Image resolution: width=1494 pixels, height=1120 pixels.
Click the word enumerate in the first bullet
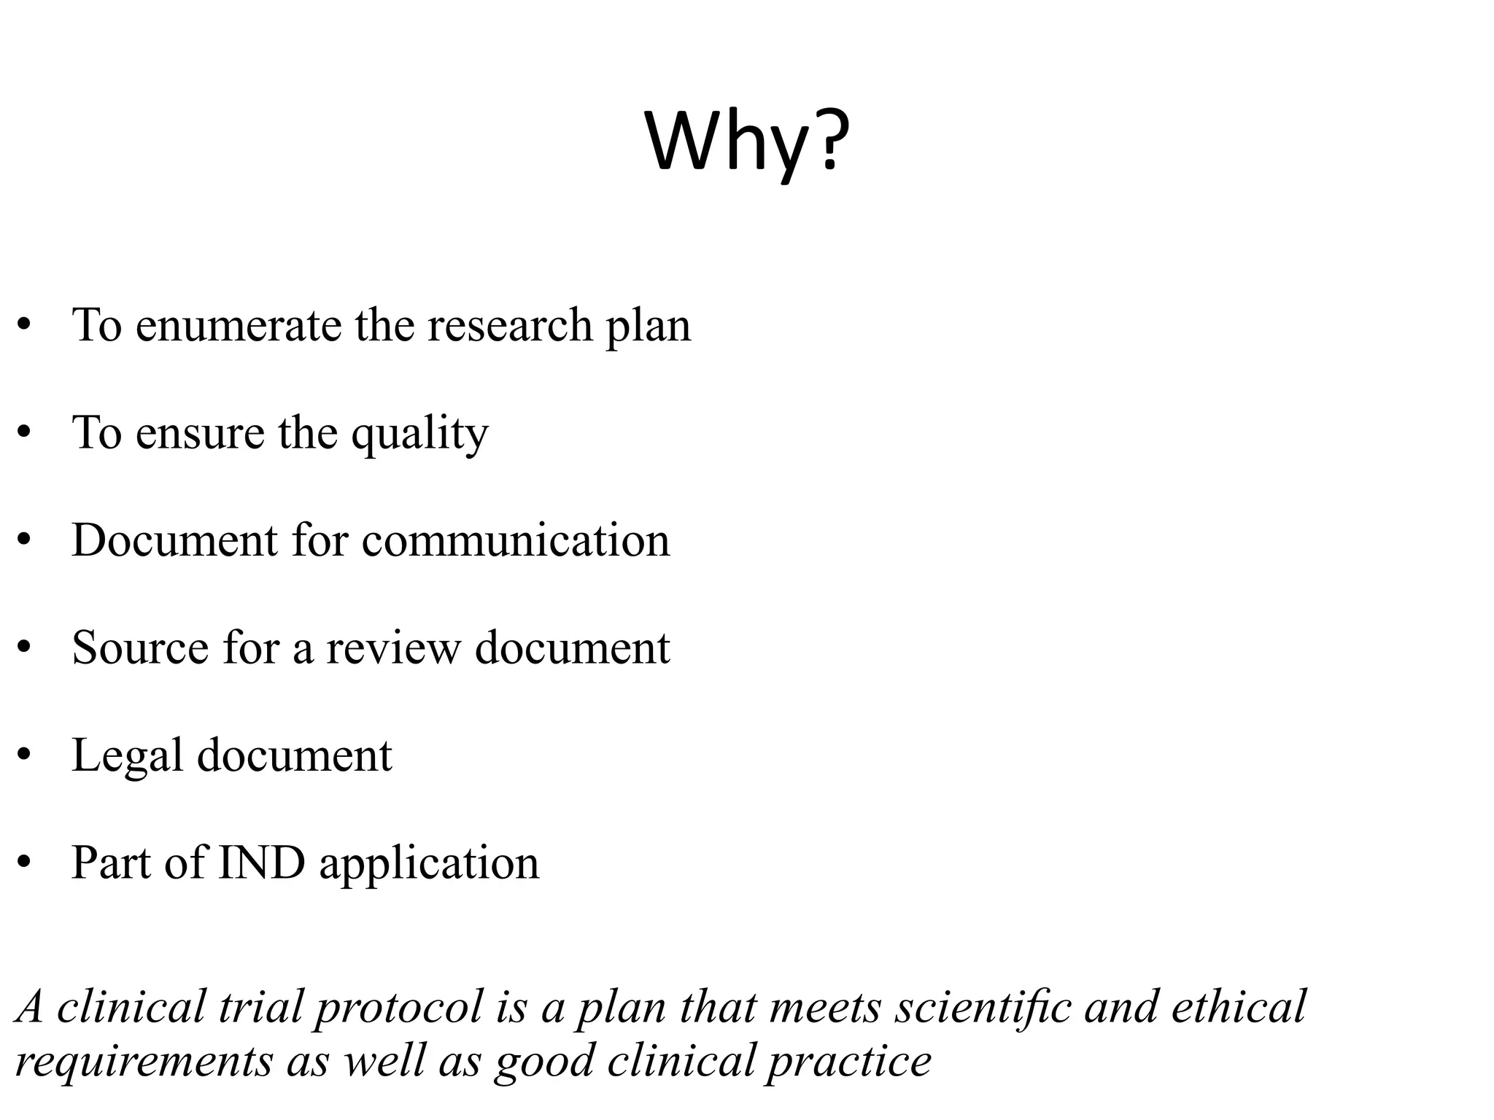coord(238,325)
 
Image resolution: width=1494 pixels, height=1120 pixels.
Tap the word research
coord(509,325)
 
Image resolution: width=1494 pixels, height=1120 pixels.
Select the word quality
coord(419,435)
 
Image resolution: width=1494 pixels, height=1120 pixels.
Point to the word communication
coord(515,541)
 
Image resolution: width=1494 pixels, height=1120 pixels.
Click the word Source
coord(139,648)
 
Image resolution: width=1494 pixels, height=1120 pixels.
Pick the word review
coord(393,648)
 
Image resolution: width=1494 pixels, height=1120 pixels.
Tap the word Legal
coord(127,756)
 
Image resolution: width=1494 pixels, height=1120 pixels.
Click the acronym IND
coord(261,863)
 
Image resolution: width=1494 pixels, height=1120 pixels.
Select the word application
coord(429,865)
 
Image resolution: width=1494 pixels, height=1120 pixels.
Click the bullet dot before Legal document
coord(25,756)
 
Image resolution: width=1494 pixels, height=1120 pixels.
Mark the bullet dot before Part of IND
coord(25,864)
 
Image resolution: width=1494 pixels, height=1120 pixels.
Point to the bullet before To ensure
coord(25,434)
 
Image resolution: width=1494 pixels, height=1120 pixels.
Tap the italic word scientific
coord(983,1007)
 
